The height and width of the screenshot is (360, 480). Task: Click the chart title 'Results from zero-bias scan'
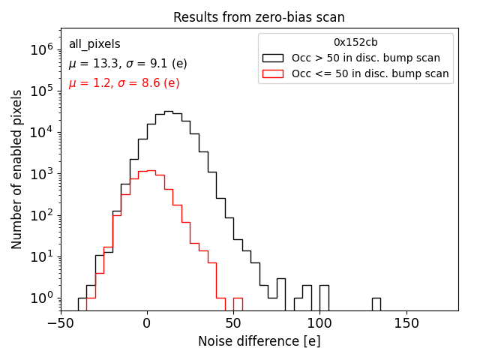point(259,17)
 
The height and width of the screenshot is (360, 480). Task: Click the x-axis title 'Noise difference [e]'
point(259,341)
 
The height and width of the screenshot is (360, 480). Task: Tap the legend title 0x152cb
point(355,43)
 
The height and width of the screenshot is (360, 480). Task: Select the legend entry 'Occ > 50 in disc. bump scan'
point(366,58)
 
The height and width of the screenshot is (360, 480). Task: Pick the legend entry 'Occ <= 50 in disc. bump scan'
point(370,73)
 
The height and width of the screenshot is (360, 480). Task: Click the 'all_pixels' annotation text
point(94,44)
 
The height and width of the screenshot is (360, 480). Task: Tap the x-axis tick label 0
point(147,323)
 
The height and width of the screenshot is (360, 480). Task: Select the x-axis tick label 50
point(233,323)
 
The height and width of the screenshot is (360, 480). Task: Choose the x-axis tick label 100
point(320,323)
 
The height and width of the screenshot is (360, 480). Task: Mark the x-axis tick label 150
point(406,323)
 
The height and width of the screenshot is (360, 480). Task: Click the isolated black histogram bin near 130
point(376,304)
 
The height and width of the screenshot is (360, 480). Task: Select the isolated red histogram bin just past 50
point(238,304)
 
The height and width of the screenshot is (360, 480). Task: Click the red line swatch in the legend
point(272,73)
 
